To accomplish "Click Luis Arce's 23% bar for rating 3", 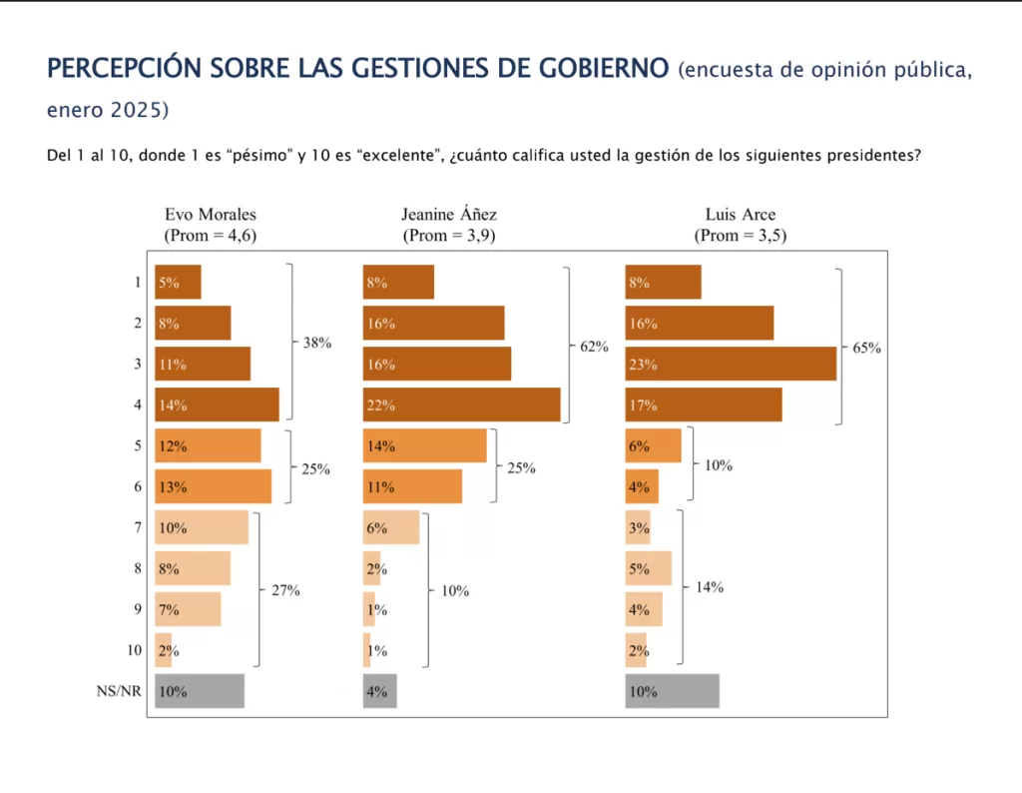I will [730, 365].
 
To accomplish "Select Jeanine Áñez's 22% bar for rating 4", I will [461, 405].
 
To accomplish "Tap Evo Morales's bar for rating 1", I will [178, 283].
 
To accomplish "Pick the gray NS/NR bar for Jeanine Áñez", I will [379, 691].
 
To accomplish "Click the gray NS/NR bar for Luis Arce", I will [672, 691].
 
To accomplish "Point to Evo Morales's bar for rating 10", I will [164, 650].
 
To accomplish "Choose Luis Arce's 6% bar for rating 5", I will [653, 446].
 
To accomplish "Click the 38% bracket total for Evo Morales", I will [316, 342].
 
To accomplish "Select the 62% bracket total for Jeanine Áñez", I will [594, 347].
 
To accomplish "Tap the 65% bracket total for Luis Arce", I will [867, 348].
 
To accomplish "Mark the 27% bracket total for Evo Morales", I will [285, 590].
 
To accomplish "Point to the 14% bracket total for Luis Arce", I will [710, 587].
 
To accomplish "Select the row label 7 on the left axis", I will [138, 528].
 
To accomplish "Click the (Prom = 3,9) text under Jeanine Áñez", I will [449, 236].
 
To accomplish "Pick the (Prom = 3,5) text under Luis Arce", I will [741, 236].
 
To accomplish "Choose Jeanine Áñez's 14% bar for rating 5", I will [424, 446].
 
